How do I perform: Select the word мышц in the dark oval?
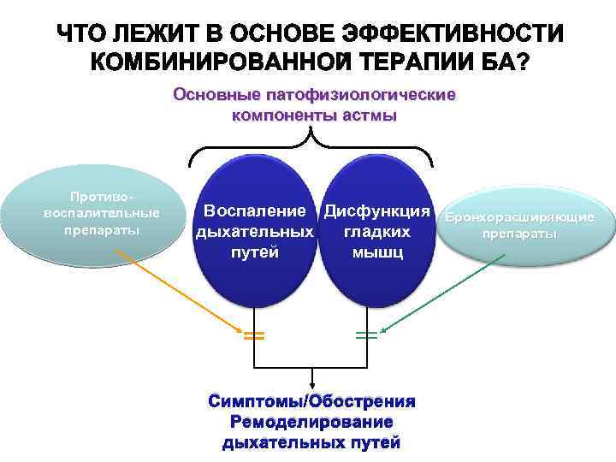tap(376, 253)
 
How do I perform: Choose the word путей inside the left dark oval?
tap(254, 253)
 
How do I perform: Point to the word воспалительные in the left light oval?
tap(101, 213)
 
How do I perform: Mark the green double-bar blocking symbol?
tap(366, 336)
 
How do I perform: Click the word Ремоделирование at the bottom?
tap(311, 423)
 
